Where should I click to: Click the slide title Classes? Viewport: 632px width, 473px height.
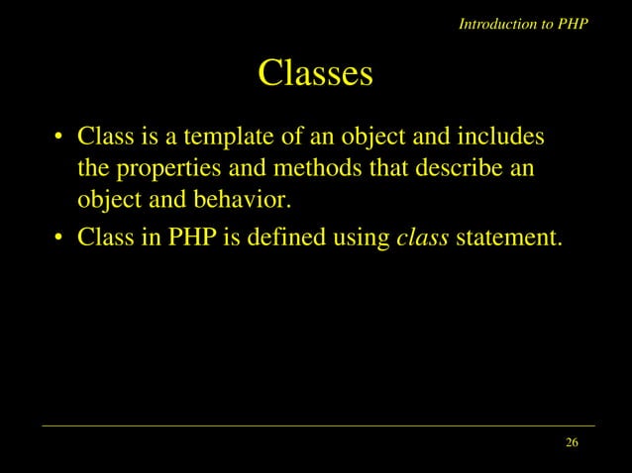[x=315, y=73]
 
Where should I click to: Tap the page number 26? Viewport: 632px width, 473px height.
[x=572, y=441]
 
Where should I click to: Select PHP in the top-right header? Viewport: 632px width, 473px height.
[x=572, y=24]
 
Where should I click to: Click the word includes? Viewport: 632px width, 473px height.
[x=498, y=136]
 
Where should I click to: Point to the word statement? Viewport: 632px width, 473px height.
[x=509, y=237]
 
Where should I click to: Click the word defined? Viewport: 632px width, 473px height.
[x=282, y=237]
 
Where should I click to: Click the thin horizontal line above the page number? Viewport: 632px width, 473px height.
[x=317, y=426]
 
